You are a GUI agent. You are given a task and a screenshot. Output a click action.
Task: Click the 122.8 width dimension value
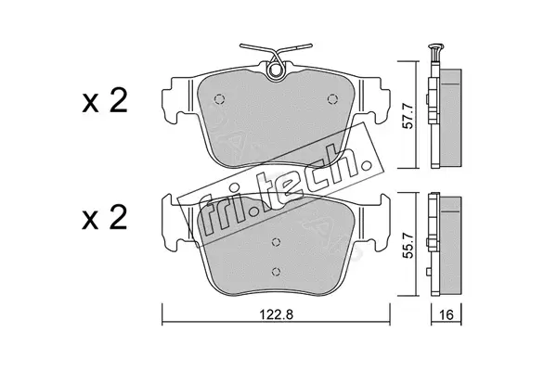276,314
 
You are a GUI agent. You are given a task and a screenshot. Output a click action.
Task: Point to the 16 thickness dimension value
447,314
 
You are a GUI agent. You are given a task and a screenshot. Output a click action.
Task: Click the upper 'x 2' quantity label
104,101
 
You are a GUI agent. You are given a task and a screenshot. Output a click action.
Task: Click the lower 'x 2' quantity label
104,217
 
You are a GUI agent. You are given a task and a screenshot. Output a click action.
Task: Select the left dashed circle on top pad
219,98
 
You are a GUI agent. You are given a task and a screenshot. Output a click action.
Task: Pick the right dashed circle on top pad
332,98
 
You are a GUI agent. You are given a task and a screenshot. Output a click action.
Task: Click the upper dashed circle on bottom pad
276,242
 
